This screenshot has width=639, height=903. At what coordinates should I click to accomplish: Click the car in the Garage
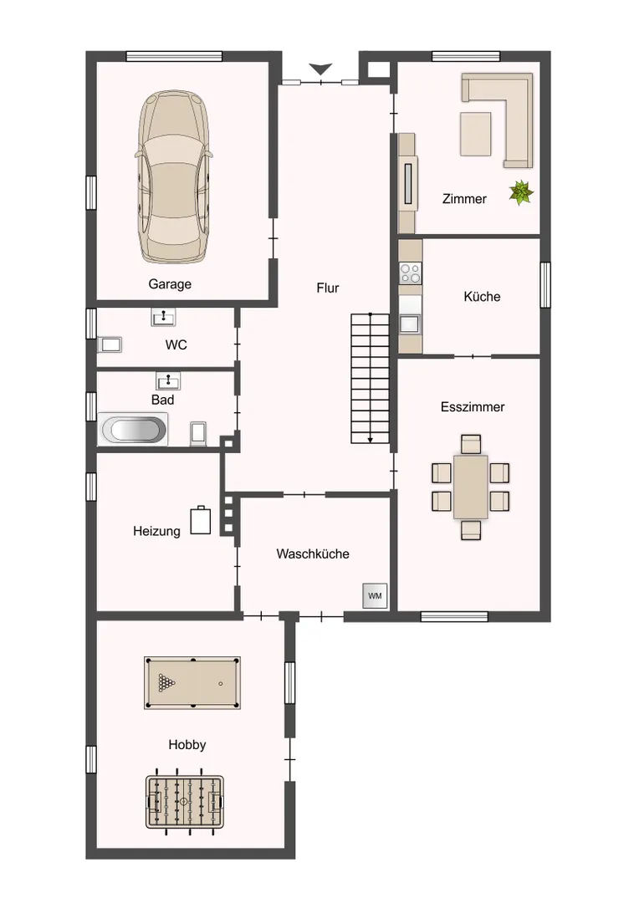coord(172,177)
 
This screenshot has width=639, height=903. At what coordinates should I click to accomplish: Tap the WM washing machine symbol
coord(375,596)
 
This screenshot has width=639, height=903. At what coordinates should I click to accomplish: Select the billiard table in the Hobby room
coord(192,683)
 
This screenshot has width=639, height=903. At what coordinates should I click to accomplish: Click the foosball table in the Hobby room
coord(184,801)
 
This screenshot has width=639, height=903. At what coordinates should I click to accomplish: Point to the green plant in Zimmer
coord(521,192)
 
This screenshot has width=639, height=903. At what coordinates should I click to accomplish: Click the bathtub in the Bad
coord(133,430)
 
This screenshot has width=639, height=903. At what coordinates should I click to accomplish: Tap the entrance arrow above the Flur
coord(320,69)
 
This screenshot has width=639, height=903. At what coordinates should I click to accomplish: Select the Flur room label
coord(328,288)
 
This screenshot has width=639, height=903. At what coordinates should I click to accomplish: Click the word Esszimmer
coord(473,407)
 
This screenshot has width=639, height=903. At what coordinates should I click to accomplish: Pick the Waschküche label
coord(313,554)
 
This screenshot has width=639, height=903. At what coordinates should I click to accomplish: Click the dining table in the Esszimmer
coord(471,487)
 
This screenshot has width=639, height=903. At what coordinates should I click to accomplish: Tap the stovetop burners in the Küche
coord(411,273)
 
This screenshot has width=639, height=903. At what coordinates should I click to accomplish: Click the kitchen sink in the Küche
coord(410,324)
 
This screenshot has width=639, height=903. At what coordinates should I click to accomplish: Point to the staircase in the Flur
coord(370,379)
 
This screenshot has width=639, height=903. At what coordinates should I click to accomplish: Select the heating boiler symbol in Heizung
coord(201,520)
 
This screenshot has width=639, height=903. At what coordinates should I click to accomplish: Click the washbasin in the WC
coord(164,317)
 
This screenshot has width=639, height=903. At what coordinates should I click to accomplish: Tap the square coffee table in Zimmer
coord(475,134)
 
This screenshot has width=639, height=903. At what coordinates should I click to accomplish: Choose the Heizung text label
coord(156,531)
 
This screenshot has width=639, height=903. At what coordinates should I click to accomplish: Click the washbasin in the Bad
coord(168,380)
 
